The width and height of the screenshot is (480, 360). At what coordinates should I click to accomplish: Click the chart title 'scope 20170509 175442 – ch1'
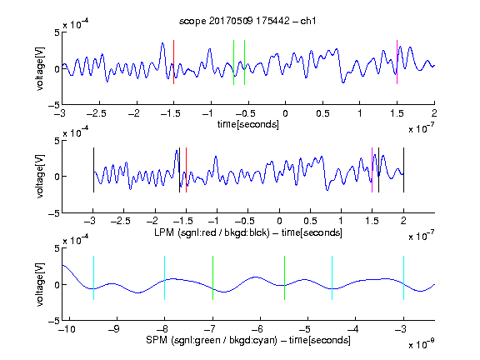247,21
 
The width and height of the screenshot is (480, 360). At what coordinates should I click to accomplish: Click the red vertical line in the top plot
173,62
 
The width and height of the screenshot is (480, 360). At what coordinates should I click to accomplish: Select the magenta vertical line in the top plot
397,62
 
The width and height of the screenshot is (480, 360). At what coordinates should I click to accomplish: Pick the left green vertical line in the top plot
233,62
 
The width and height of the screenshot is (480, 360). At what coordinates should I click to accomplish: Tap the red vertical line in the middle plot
186,170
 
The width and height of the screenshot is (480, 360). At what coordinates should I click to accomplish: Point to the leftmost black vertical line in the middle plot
93,170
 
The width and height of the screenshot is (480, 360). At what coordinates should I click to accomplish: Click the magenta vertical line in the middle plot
372,170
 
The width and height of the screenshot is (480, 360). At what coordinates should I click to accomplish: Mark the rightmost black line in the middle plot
403,170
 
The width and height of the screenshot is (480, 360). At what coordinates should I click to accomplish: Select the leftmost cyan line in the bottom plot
93,278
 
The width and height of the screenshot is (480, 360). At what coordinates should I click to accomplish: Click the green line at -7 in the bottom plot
212,278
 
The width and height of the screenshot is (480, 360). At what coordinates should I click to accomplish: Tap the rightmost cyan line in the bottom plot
403,278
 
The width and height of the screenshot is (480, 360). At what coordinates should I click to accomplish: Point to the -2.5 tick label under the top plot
97,114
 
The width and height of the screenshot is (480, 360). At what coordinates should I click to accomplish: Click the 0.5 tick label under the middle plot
310,221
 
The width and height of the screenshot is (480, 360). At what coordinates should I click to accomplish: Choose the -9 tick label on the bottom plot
114,329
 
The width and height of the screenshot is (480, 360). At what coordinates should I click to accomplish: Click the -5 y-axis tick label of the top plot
54,105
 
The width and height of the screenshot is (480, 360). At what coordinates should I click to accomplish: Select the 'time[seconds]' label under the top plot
248,124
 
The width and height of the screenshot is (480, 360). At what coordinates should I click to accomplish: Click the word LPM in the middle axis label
164,232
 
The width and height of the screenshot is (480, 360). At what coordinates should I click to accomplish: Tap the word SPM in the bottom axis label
157,340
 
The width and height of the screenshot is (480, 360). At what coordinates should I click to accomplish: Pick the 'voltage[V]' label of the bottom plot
40,284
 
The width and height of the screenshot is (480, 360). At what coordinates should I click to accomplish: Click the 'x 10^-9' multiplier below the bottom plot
422,344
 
